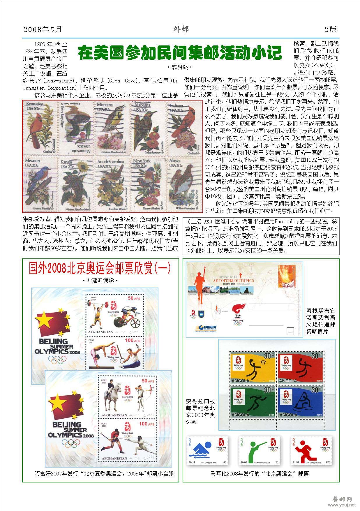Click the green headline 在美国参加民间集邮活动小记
180,53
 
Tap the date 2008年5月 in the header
43,29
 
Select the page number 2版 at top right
330,29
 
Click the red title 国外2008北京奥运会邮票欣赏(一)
100,268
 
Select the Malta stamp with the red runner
311,451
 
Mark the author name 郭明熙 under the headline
180,67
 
